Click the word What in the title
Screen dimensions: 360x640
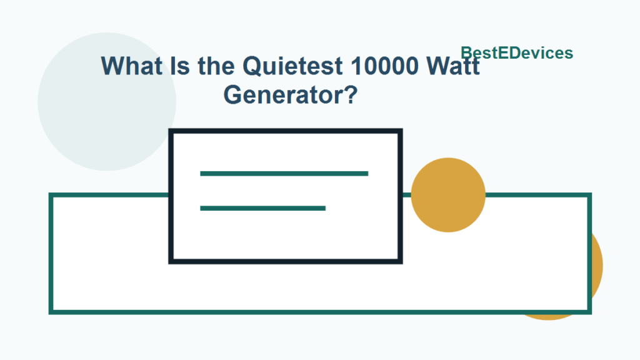[131, 66]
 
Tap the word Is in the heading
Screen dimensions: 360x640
[181, 66]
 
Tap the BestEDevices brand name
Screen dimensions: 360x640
[517, 53]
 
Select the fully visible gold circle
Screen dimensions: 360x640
[448, 194]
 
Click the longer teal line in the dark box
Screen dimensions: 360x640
[284, 173]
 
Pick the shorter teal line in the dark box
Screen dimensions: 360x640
[262, 208]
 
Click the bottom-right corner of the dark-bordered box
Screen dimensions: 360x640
[400, 261]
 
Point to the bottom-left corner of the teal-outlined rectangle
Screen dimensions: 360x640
[51, 311]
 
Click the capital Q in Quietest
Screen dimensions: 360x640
[252, 66]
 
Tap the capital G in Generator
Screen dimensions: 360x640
[232, 95]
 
